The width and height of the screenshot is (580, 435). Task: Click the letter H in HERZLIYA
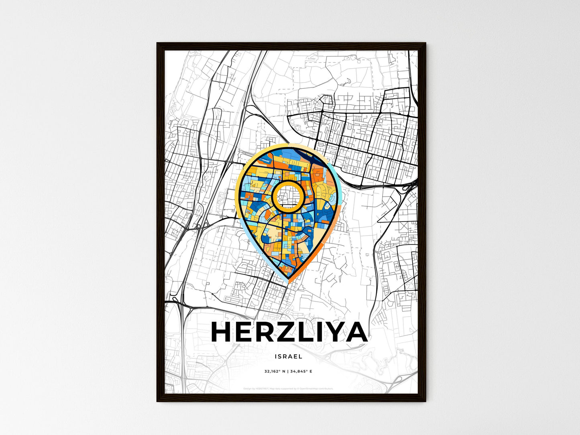pos(221,332)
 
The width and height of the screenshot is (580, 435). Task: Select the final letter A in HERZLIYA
pos(355,332)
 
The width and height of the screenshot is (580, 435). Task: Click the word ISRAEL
pos(289,356)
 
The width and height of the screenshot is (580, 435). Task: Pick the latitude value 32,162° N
pos(275,372)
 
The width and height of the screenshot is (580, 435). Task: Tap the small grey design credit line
pos(288,388)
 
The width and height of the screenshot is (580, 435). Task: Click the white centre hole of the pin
pos(287,195)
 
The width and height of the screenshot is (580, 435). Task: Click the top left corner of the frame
pos(157,43)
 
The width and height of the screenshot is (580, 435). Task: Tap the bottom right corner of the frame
pos(425,401)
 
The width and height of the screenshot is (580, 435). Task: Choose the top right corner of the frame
pos(425,43)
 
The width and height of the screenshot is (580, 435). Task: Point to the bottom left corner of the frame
pos(157,401)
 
